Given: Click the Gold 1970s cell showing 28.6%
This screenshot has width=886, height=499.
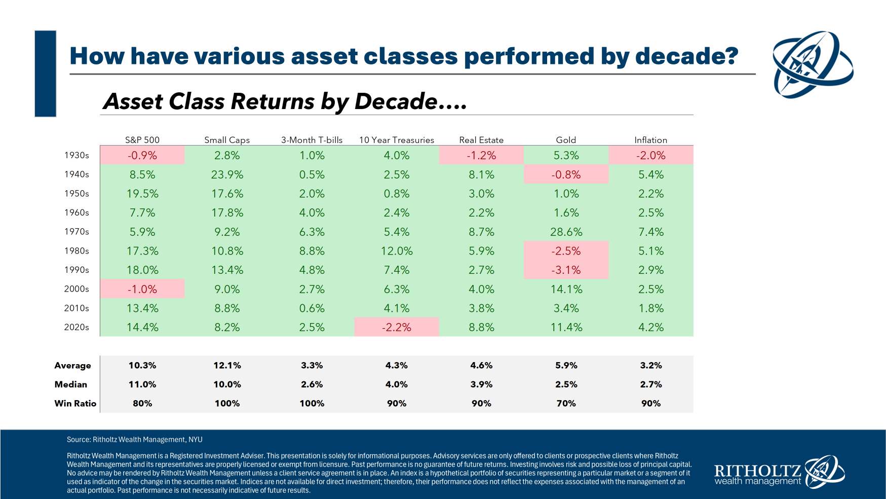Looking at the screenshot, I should click(566, 232).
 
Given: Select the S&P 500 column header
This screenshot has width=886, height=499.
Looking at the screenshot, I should click(142, 140).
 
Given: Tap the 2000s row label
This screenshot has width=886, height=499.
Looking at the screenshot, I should click(76, 289).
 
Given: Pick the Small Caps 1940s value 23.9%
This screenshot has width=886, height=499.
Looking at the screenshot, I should click(227, 174).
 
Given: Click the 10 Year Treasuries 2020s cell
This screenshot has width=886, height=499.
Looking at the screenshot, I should click(397, 327).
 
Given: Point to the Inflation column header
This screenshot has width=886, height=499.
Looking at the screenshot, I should click(650, 140).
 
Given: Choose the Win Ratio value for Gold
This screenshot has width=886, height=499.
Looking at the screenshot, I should click(566, 403).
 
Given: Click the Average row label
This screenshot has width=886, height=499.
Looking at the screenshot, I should click(72, 365).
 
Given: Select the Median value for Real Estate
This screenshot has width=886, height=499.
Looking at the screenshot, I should click(481, 384).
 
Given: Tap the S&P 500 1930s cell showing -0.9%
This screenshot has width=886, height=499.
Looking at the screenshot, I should click(142, 155).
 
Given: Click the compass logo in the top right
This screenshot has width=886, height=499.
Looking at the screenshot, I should click(813, 64).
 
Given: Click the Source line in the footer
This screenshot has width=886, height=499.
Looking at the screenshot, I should click(134, 440).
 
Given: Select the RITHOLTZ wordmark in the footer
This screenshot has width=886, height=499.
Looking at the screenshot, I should click(757, 471).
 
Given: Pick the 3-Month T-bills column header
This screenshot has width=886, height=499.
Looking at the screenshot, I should click(312, 140).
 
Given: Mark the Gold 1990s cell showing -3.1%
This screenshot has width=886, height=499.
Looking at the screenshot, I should click(566, 270).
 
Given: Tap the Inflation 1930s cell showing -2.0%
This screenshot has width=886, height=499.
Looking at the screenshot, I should click(650, 155).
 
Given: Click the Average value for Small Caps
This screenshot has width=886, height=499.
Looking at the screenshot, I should click(227, 365).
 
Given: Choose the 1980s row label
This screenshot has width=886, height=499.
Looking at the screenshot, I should click(76, 251).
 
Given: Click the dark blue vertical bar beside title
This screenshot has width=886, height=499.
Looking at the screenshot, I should click(45, 74).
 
